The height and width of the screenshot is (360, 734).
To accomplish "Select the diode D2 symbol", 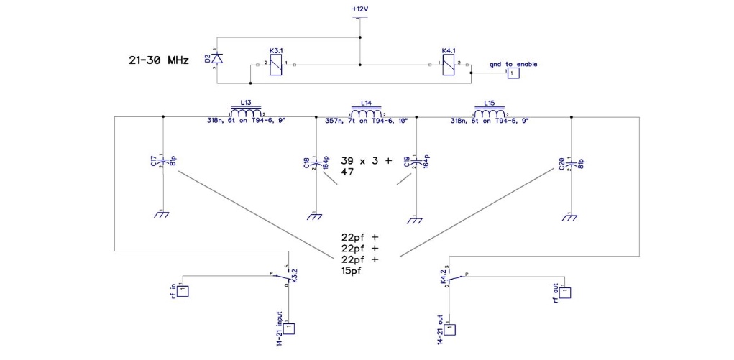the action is (x=216, y=58).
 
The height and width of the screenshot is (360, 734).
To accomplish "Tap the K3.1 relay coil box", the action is (x=276, y=65).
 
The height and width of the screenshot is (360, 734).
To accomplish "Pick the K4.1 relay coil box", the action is (x=448, y=65).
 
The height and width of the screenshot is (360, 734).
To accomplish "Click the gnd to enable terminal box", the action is (x=513, y=73).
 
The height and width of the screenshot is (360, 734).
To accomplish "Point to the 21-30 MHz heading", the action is (x=159, y=60).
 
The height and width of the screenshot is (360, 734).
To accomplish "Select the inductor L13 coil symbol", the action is (x=247, y=112).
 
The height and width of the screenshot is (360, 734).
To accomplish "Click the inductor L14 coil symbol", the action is (x=367, y=112).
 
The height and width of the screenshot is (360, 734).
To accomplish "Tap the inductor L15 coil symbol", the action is (x=490, y=112).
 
